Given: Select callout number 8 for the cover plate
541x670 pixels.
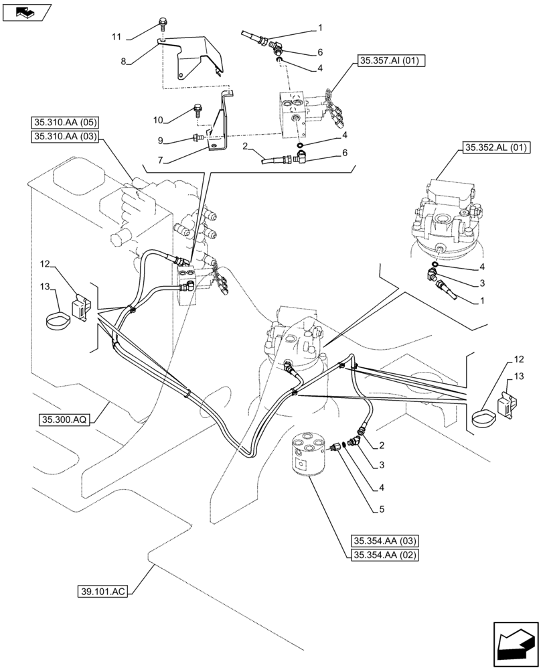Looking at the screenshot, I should point(123,61).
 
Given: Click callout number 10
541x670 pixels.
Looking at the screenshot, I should point(158,120).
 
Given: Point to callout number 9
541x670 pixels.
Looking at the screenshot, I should point(161,141).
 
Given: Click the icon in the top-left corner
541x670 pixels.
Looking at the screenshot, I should point(27,12).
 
